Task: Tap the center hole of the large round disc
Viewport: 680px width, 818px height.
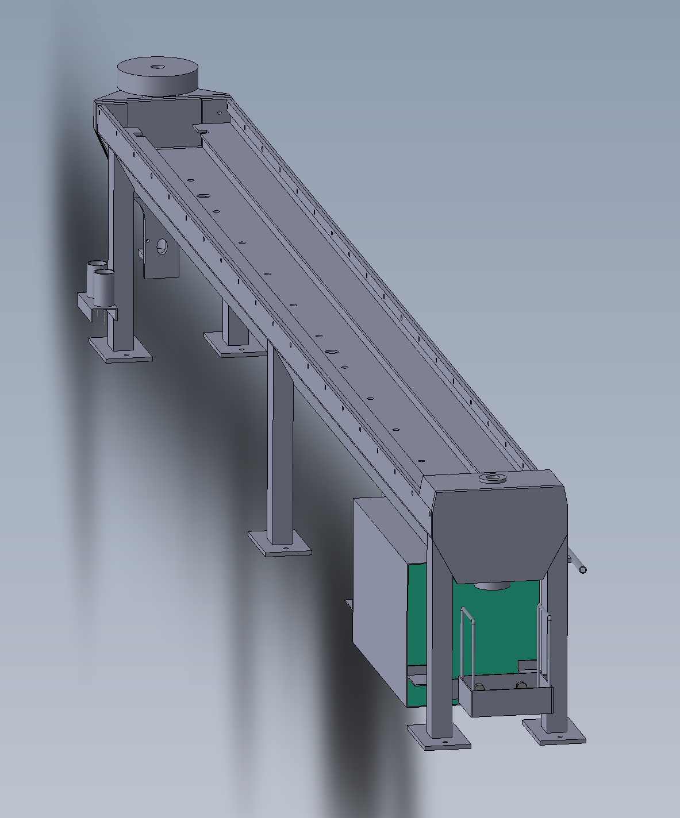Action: coord(157,67)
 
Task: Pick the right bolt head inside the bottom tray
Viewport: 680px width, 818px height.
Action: coord(521,685)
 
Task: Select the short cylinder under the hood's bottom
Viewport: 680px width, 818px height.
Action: coord(493,586)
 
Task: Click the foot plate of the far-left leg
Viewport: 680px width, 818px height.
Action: coord(121,349)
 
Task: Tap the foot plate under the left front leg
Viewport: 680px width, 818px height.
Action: coord(439,736)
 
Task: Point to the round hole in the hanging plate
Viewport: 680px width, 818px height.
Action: coord(162,247)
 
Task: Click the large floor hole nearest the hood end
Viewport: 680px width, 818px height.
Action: coord(332,351)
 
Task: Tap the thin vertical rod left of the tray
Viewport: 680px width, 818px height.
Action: coord(462,646)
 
